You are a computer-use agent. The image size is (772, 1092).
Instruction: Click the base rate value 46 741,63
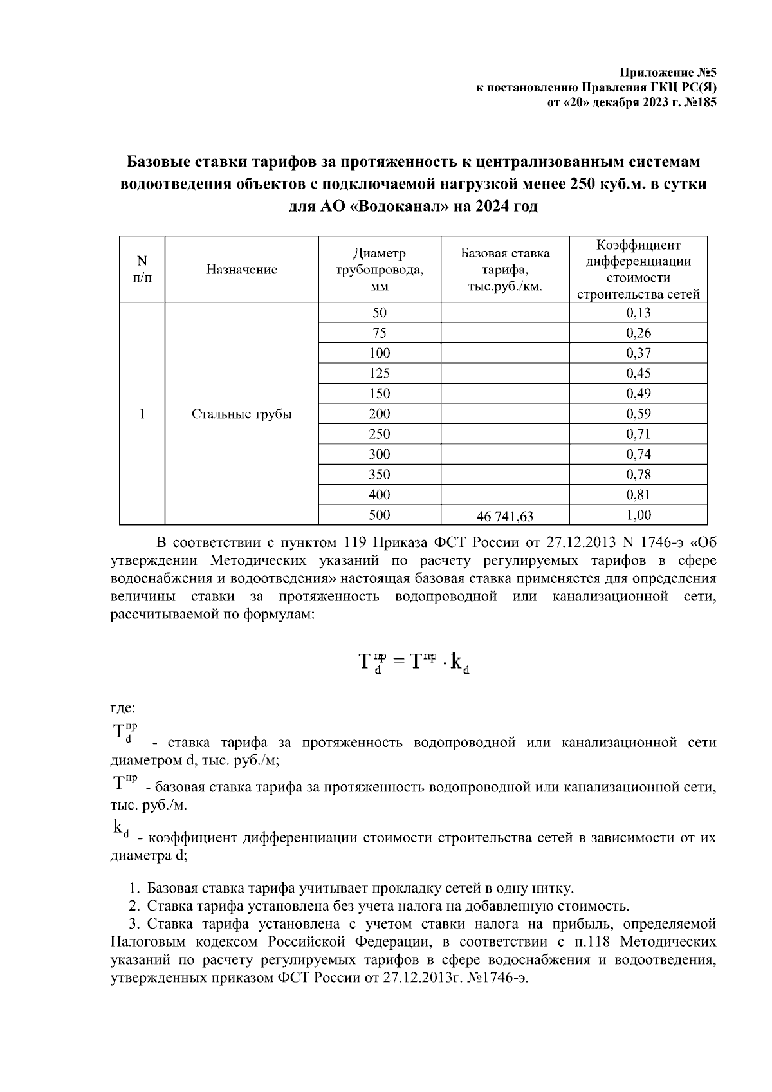click(505, 515)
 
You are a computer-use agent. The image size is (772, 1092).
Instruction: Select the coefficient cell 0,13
click(638, 313)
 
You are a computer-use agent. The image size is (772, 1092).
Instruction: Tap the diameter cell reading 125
click(380, 373)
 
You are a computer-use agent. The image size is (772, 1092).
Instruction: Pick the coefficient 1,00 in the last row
click(638, 515)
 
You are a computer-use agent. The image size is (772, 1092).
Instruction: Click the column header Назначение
click(242, 270)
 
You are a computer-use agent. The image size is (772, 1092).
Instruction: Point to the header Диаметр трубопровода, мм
click(380, 270)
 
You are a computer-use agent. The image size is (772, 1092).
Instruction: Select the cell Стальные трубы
click(242, 414)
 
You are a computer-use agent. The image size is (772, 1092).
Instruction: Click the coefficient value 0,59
click(638, 414)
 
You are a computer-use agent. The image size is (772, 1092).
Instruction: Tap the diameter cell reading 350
click(380, 474)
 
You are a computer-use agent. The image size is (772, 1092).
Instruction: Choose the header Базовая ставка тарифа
click(505, 270)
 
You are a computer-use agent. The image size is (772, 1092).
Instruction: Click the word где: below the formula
click(122, 708)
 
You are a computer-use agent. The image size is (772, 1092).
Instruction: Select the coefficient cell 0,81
click(638, 495)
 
